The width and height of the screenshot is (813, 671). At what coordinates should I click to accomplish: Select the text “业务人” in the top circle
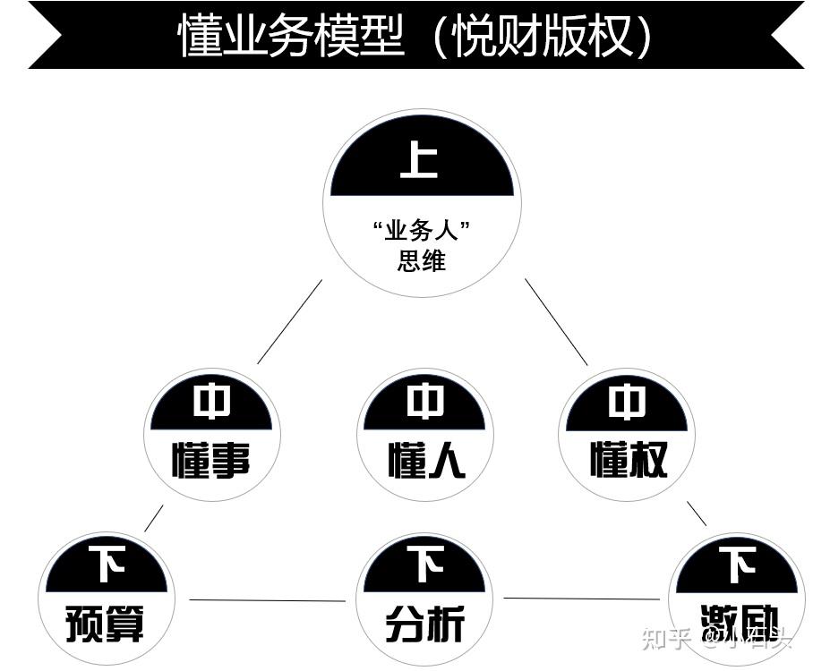(422, 231)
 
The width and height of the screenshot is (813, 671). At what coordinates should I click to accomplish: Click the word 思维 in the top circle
(422, 260)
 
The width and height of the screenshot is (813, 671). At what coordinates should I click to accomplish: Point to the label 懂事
(211, 460)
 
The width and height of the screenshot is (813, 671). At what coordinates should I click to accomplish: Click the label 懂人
(426, 460)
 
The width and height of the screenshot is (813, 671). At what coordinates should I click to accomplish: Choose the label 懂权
(628, 460)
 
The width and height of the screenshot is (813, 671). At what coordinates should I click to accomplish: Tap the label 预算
(106, 623)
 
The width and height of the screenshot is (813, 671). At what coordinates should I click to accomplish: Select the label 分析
(424, 623)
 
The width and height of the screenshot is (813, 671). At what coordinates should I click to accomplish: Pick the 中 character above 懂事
(211, 403)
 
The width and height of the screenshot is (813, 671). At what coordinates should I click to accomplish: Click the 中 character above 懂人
(425, 403)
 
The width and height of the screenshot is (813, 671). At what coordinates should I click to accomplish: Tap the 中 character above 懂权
(627, 403)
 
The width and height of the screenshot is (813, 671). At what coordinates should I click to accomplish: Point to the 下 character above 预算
(107, 565)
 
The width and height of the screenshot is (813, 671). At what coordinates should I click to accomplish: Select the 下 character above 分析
(425, 565)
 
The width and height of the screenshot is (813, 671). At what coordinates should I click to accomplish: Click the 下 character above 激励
(738, 565)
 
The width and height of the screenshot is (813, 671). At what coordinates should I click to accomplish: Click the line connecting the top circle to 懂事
(289, 322)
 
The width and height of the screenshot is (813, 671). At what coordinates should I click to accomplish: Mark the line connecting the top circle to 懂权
(556, 322)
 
